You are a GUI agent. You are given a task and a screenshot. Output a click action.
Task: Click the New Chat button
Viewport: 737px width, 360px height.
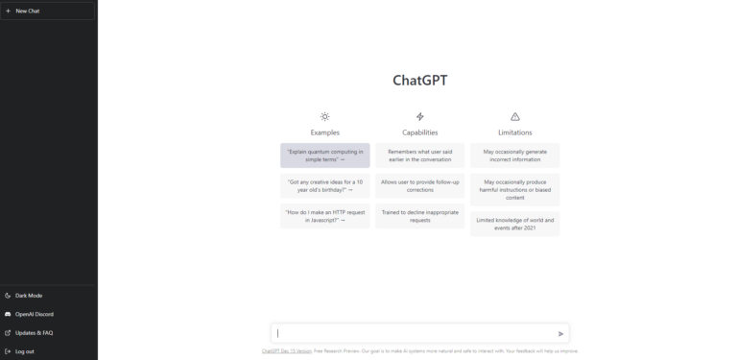pos(48,11)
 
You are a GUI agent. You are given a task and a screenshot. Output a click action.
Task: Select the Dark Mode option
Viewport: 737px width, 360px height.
pos(29,295)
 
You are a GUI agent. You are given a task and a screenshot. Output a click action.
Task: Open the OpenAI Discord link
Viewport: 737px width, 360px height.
pos(34,314)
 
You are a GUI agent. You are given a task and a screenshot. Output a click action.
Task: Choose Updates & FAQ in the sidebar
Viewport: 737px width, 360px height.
pos(34,332)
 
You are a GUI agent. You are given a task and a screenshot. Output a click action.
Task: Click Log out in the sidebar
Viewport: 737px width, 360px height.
pos(25,351)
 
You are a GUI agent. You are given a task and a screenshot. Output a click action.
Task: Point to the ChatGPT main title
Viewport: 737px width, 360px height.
pos(419,81)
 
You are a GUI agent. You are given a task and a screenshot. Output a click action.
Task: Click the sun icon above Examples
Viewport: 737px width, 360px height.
pos(324,116)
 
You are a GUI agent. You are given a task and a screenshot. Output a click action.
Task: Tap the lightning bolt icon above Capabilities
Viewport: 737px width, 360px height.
pos(419,116)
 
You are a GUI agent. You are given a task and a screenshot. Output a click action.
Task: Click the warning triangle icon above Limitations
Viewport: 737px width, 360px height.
pos(514,116)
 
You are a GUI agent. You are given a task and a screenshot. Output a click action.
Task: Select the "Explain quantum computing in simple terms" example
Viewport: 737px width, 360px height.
pos(324,156)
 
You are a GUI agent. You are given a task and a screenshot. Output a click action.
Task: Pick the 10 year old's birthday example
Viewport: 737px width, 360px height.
pos(324,185)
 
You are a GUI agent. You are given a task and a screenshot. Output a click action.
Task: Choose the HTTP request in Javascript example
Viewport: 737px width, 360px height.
pos(324,216)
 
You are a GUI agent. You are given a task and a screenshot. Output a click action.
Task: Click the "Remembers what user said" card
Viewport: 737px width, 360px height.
pos(419,156)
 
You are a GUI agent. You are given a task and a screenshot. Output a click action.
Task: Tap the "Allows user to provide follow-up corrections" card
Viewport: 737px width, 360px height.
pos(419,185)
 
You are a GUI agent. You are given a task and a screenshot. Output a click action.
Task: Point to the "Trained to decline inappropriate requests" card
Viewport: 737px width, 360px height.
pos(419,216)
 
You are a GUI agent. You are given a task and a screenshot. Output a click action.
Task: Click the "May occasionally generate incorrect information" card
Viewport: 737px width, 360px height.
pos(514,156)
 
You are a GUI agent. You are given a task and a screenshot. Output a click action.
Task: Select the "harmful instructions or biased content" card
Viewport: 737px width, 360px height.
pos(514,189)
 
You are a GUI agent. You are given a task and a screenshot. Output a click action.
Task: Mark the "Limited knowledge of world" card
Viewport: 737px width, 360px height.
pos(514,224)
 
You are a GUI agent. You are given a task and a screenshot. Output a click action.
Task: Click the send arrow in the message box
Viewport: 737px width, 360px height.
pos(561,334)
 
